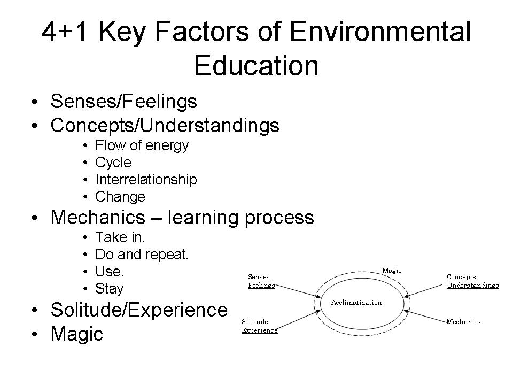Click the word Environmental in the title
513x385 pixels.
tap(380, 32)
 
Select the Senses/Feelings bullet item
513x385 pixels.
tap(123, 101)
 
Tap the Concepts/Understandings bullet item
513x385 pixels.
tap(165, 126)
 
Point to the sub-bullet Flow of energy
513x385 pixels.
tap(142, 145)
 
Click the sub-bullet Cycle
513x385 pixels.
tap(113, 163)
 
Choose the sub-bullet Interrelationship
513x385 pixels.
tap(146, 180)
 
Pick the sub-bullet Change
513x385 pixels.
tap(120, 197)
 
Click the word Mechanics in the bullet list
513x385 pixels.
tap(98, 217)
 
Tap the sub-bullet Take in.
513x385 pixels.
tap(120, 237)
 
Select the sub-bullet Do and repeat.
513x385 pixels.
tap(142, 255)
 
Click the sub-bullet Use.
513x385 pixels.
tap(109, 272)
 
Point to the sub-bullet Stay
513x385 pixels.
tap(109, 289)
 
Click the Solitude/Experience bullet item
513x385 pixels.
tap(139, 310)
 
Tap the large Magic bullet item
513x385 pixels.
tap(77, 334)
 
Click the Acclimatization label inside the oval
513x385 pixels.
tap(356, 303)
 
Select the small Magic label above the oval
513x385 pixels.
tap(392, 271)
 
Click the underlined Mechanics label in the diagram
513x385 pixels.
tap(464, 322)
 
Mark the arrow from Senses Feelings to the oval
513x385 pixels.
tap(298, 291)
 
